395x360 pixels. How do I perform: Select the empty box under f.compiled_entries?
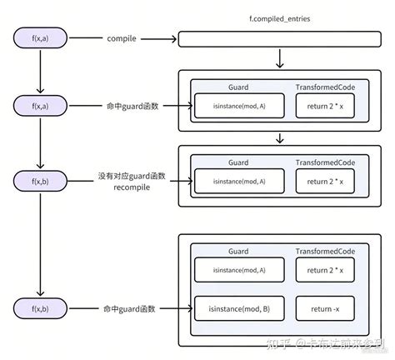pos(283,38)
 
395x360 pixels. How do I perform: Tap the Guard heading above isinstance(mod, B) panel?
pos(237,249)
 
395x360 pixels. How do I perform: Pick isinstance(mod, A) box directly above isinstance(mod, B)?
pos(237,269)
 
